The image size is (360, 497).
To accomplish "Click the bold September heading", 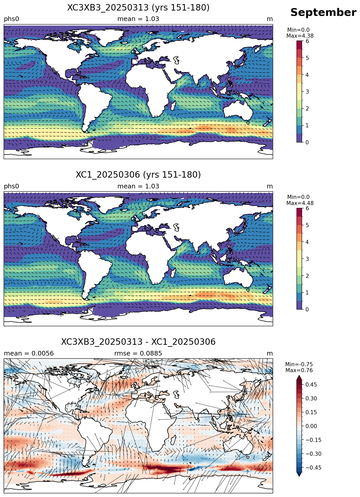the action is (x=323, y=13).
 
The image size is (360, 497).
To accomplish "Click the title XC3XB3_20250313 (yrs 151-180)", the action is (x=138, y=8).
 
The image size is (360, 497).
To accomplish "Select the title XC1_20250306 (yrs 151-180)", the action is (x=138, y=175).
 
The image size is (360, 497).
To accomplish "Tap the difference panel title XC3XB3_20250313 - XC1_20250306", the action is (x=138, y=342).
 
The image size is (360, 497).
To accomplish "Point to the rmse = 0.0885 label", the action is (x=138, y=353).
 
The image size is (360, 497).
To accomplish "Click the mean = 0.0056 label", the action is (x=29, y=353).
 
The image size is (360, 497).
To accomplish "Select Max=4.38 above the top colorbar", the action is (x=300, y=36).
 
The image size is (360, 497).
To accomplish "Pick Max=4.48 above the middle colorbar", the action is (x=300, y=203).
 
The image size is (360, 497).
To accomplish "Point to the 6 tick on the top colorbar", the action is (x=307, y=41).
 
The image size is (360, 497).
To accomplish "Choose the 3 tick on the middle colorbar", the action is (x=307, y=259).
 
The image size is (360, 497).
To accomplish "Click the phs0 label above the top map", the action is (x=11, y=19).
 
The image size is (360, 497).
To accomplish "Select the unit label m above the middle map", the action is (x=270, y=186).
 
